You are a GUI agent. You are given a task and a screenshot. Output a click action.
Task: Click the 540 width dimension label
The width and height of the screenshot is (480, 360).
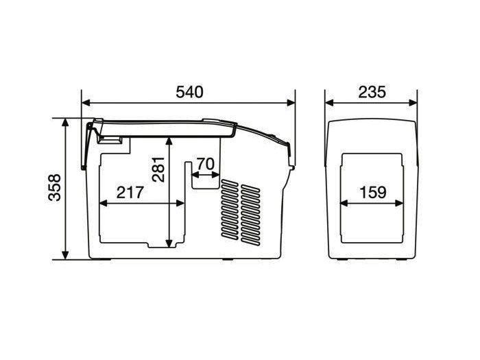point(189,92)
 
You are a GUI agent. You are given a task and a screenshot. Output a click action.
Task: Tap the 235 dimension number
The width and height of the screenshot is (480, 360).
point(372,92)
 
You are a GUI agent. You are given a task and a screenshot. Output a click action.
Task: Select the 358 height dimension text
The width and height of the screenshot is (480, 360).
point(55,187)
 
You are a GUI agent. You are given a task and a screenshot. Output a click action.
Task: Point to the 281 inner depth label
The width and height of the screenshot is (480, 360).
point(158,169)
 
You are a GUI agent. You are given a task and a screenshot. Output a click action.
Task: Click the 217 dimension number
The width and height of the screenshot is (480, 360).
point(130,192)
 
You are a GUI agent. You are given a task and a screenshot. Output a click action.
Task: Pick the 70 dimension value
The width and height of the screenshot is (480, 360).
point(206,164)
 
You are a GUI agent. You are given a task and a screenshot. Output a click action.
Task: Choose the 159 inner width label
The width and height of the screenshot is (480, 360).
point(373,192)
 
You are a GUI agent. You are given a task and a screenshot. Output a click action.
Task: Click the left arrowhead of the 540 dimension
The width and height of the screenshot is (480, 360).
point(86,103)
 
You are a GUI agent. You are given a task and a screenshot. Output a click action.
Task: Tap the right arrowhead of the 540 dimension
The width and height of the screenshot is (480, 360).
point(291,103)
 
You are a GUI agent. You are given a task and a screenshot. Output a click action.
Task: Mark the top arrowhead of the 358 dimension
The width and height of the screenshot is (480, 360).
point(65,122)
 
